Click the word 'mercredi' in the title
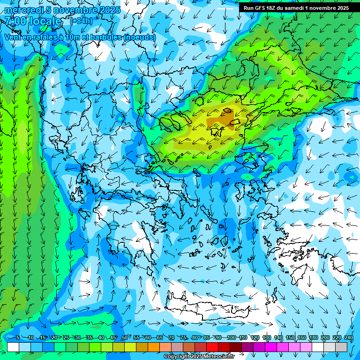click(x=22, y=10)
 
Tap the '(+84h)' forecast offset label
click(x=81, y=21)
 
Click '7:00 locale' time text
click(x=33, y=22)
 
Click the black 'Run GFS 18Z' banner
click(x=296, y=8)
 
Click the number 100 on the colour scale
click(x=231, y=337)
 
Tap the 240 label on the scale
click(x=348, y=337)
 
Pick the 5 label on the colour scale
click(x=17, y=337)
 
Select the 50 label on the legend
click(x=124, y=337)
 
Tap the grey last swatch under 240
click(x=342, y=347)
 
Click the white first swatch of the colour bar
click(x=13, y=347)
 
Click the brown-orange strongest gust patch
click(x=227, y=119)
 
